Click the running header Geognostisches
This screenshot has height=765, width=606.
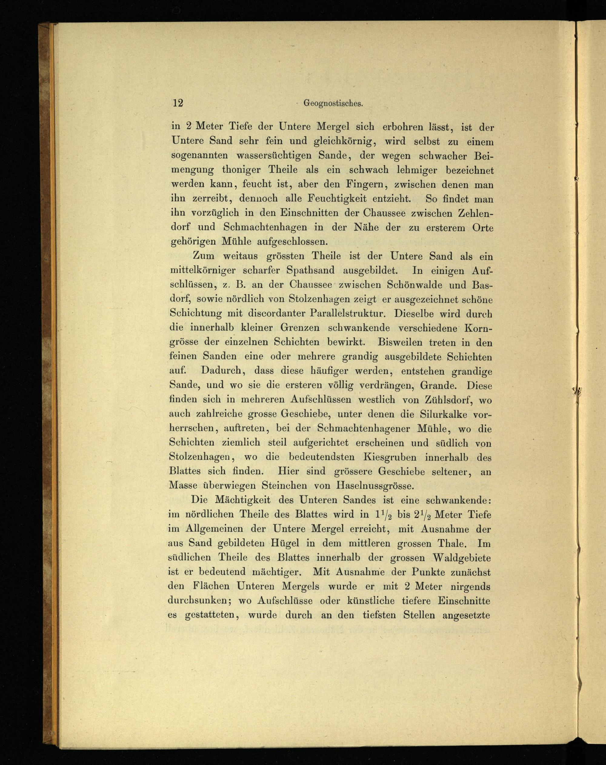point(333,103)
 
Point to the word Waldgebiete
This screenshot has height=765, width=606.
point(461,558)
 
